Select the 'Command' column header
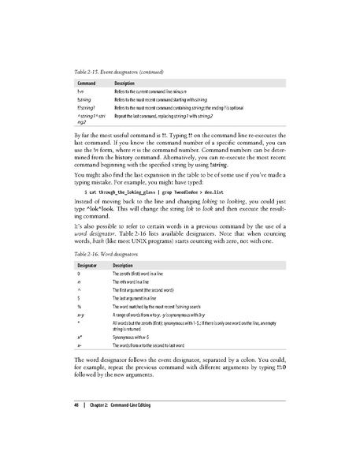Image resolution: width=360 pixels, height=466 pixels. [87, 83]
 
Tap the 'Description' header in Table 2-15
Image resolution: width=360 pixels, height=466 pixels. [128, 83]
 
